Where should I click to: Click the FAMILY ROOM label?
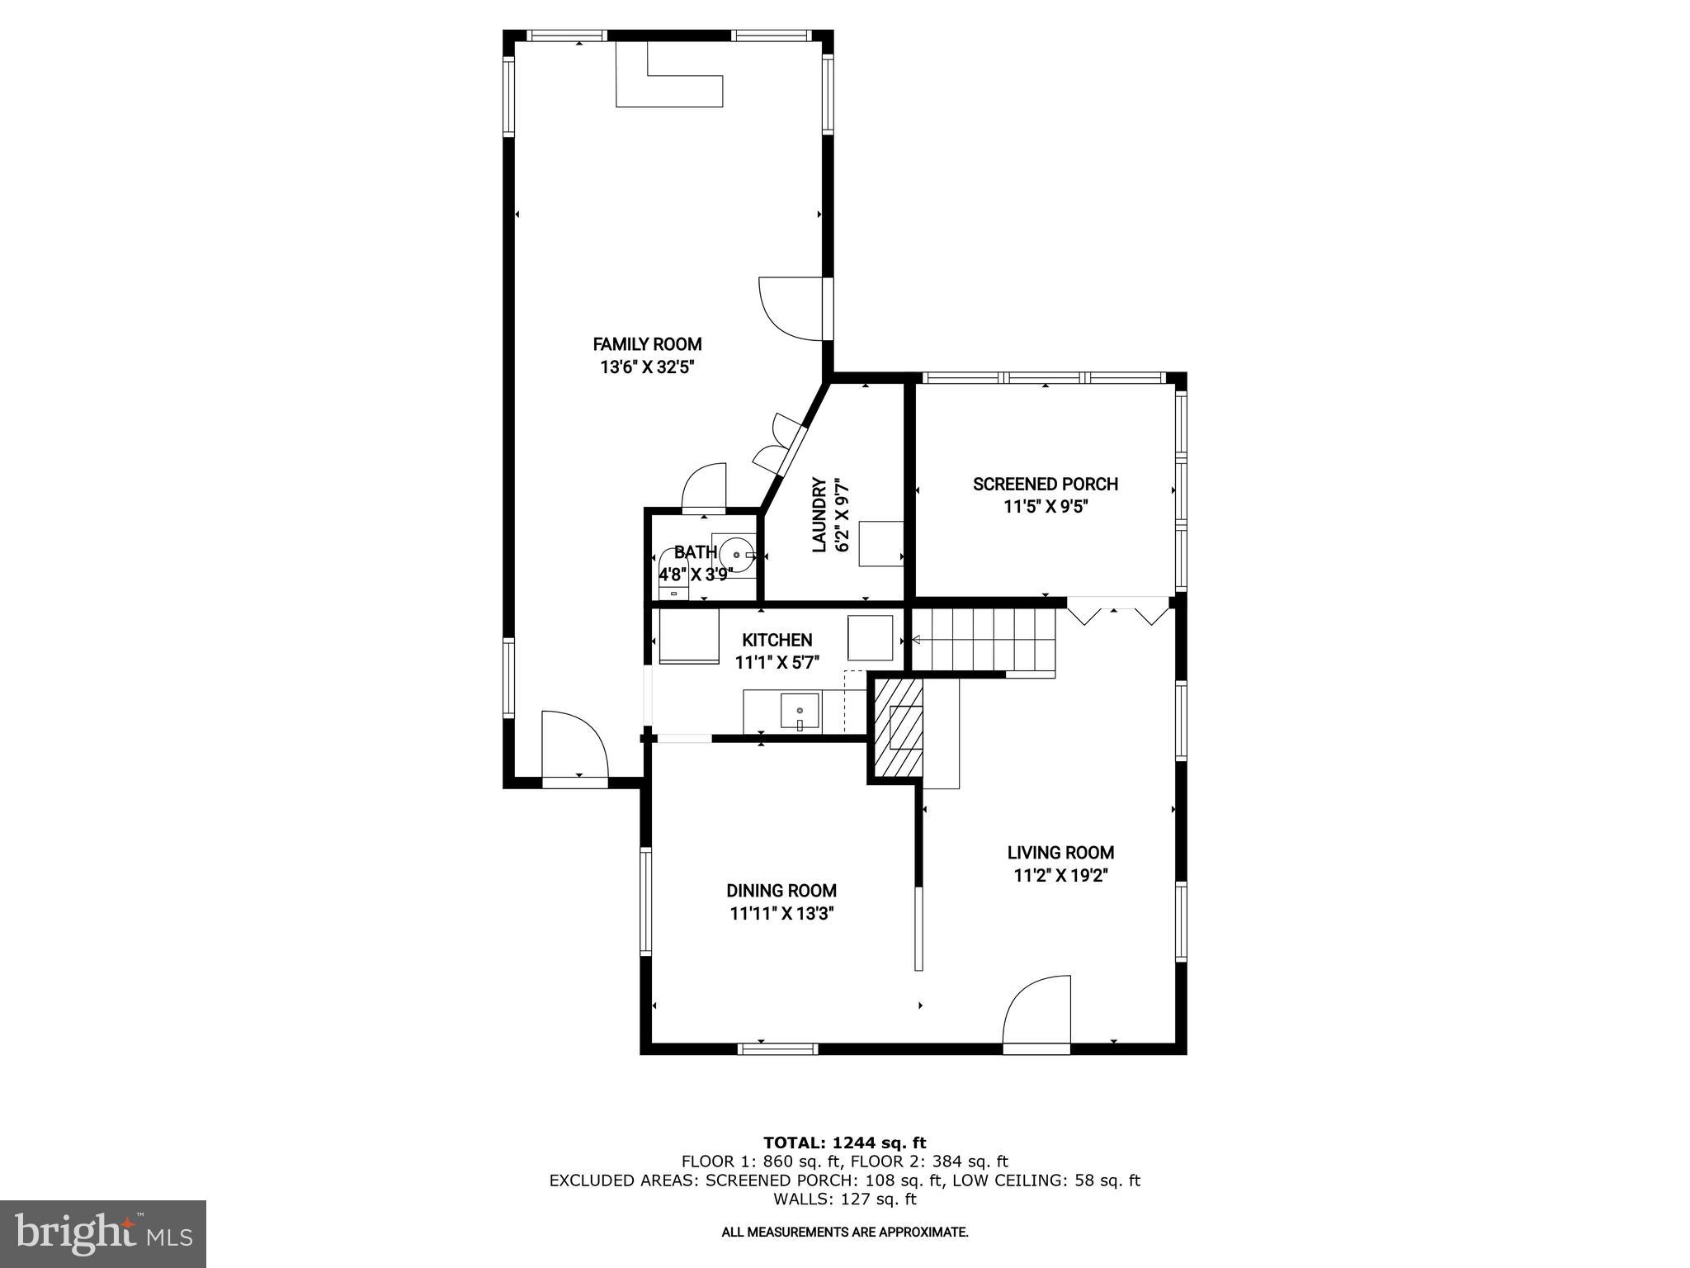tap(647, 344)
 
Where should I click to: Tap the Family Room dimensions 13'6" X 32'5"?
tap(647, 367)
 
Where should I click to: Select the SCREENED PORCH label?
tap(1045, 485)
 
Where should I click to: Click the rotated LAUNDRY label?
tap(819, 514)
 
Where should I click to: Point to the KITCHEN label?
tap(777, 640)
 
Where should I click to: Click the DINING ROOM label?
tap(781, 891)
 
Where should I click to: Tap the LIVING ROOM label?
tap(1060, 853)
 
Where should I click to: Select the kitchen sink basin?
tap(800, 712)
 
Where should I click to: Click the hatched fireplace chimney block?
tap(898, 726)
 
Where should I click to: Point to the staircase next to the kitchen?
tap(982, 640)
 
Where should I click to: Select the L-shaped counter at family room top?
tap(668, 88)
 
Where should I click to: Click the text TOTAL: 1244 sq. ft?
tap(844, 1143)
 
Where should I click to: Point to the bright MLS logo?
tap(103, 1233)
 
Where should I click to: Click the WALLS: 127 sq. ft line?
tap(844, 1199)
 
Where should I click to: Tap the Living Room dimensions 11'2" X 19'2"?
tap(1060, 876)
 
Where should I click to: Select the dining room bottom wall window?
tap(777, 1048)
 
